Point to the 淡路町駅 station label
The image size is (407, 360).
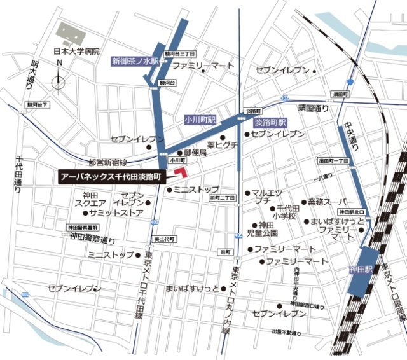click(x=270, y=121)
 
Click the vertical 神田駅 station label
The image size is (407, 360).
click(x=359, y=270)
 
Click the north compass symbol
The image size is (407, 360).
click(x=59, y=80)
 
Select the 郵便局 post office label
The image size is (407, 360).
click(x=195, y=153)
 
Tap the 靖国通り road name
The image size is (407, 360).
click(x=313, y=108)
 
